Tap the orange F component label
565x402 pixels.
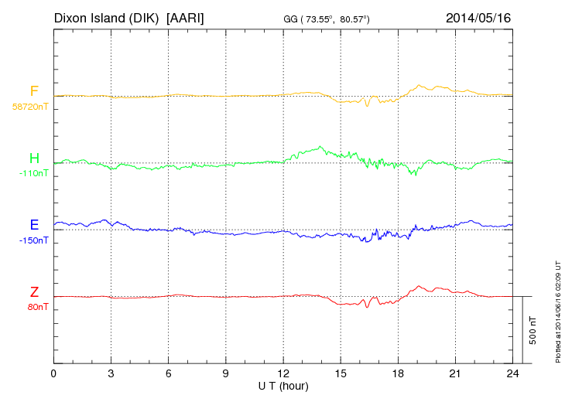click(x=34, y=92)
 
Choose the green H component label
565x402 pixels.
click(x=34, y=158)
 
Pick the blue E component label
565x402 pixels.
click(x=34, y=225)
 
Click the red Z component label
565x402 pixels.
click(x=34, y=292)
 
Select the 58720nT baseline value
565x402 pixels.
click(x=30, y=107)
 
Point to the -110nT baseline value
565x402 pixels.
click(x=33, y=173)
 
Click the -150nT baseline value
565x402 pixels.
click(x=33, y=240)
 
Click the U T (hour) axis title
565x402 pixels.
click(x=282, y=385)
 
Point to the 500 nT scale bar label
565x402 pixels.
click(x=533, y=330)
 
